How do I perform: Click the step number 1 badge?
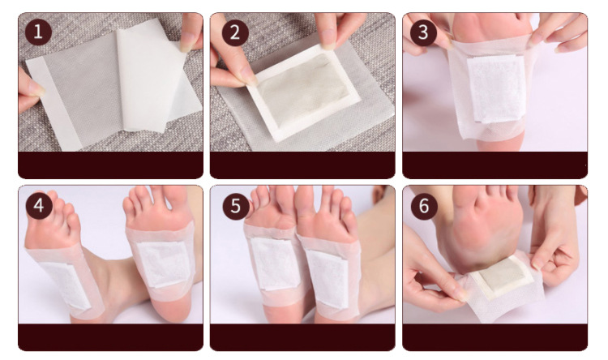pyautogui.click(x=38, y=32)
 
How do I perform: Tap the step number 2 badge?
pyautogui.click(x=235, y=32)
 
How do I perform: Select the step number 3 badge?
pyautogui.click(x=423, y=32)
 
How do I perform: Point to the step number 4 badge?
pyautogui.click(x=39, y=206)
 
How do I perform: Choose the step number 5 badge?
pyautogui.click(x=236, y=206)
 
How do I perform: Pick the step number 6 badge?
pyautogui.click(x=424, y=206)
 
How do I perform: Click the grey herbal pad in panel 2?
pyautogui.click(x=304, y=91)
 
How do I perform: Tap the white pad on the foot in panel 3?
pyautogui.click(x=497, y=88)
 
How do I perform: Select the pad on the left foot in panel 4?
pyautogui.click(x=66, y=285)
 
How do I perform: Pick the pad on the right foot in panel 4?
pyautogui.click(x=163, y=264)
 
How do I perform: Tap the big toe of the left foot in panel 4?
pyautogui.click(x=52, y=198)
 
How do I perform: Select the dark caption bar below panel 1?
pyautogui.click(x=110, y=165)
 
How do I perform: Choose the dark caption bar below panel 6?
pyautogui.click(x=495, y=337)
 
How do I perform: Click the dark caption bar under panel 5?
pyautogui.click(x=302, y=337)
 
